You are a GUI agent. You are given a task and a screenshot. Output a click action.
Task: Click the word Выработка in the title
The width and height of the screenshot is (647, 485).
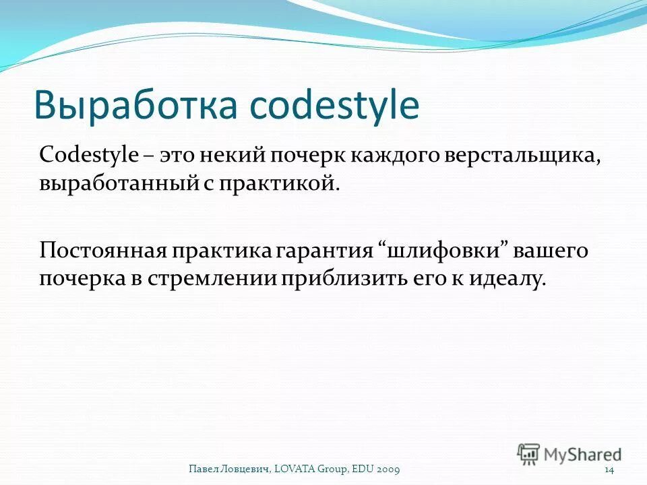click(135, 105)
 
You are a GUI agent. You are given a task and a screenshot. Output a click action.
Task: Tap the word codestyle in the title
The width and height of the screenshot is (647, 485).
click(334, 106)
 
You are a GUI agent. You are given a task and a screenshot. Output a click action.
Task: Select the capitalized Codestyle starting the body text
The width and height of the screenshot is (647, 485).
click(88, 154)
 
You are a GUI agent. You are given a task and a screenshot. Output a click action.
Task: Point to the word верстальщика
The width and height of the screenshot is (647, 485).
click(522, 154)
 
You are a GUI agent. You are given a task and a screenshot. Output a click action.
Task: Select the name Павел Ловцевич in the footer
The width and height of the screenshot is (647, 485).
click(230, 469)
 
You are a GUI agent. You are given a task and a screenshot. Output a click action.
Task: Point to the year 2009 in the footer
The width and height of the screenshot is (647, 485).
click(393, 469)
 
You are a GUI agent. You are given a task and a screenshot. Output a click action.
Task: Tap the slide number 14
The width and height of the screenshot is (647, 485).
click(609, 469)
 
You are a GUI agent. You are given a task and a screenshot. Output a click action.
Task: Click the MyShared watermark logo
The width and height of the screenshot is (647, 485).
click(569, 454)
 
